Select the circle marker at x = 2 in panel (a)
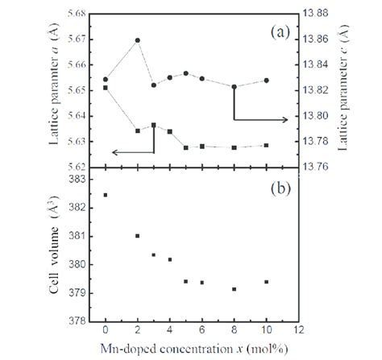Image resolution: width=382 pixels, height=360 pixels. pyautogui.click(x=138, y=40)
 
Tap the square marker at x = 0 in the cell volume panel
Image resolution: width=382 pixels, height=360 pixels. pyautogui.click(x=106, y=195)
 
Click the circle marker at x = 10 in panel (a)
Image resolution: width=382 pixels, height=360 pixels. pyautogui.click(x=266, y=81)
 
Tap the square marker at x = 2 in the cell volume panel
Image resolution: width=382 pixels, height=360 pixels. pyautogui.click(x=138, y=236)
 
